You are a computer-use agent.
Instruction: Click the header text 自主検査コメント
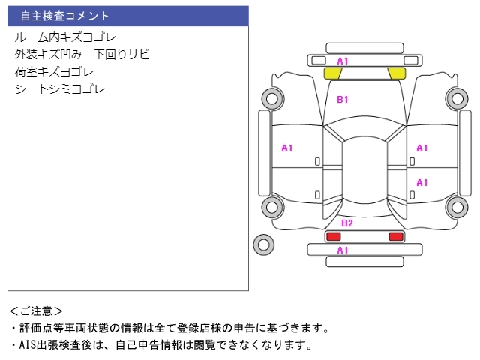coord(64,16)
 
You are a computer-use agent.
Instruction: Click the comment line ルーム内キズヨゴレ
coord(65,37)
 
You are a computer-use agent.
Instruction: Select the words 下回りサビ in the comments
coord(121,55)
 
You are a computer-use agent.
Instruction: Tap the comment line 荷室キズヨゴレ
coord(54,72)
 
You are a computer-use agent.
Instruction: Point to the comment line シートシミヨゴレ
coord(60,89)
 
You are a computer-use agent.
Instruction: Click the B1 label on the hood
coord(343,100)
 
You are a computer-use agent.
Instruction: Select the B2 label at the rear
coord(347,223)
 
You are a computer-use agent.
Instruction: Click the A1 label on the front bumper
coord(343,61)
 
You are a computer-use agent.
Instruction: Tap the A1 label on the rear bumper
coord(343,250)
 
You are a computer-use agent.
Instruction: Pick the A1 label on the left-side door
coord(287,148)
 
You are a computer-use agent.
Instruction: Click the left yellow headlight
coord(333,73)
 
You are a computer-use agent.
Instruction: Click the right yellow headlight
coord(397,73)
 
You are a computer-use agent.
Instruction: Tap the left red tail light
coord(333,236)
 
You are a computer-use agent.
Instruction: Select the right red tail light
coord(396,236)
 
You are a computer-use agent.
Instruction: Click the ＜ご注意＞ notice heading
coord(36,311)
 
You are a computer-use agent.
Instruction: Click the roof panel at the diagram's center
coord(364,170)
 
